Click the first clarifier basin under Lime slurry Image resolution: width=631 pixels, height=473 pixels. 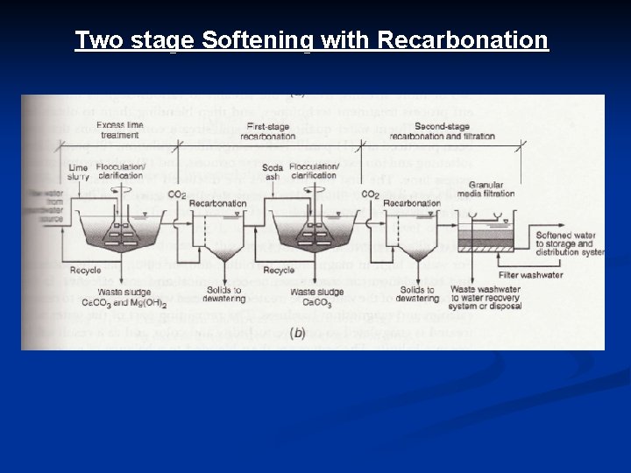[128, 231]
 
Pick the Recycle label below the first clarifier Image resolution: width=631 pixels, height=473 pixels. [87, 270]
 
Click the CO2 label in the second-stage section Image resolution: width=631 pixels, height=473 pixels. [371, 194]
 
